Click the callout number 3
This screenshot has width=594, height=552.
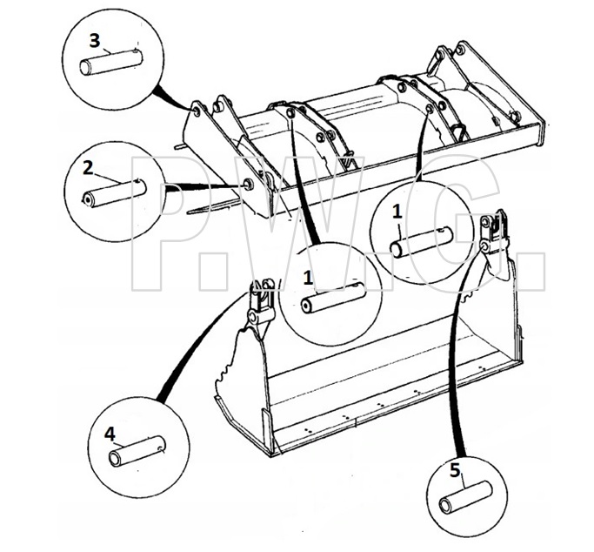point(95,41)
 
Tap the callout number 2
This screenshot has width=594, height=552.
point(88,167)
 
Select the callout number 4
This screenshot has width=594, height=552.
point(110,434)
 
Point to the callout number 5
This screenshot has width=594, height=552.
point(455,470)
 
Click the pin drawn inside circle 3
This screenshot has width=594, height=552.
point(111,63)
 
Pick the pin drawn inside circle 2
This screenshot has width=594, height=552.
point(115,193)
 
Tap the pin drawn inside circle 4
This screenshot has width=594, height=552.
point(137,451)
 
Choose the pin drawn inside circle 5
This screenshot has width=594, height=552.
point(465,497)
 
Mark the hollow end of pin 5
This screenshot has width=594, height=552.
point(446,507)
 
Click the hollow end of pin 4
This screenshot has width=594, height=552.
point(115,459)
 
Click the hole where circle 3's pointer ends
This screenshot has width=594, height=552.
point(197,111)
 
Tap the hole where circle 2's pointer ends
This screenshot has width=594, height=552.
point(249,184)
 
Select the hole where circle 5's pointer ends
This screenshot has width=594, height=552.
point(484,246)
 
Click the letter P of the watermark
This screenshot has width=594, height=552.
point(170,223)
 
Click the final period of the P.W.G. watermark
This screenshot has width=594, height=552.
point(531,276)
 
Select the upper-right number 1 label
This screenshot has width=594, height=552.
point(397,212)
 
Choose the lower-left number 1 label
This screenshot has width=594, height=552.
point(309,279)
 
